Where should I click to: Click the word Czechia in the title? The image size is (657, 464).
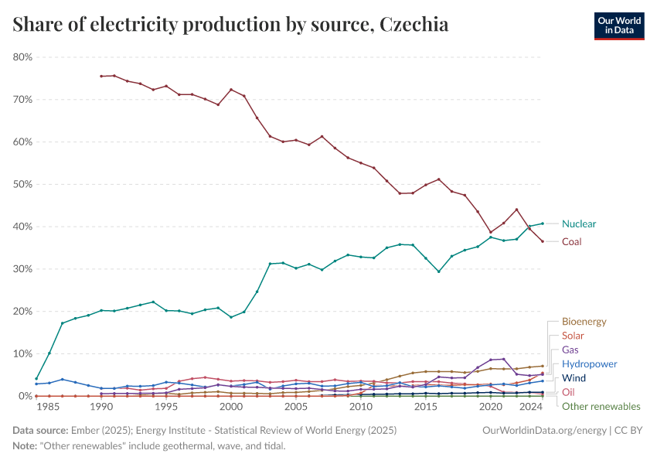pyautogui.click(x=414, y=25)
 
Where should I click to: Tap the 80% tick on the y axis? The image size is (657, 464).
pyautogui.click(x=22, y=57)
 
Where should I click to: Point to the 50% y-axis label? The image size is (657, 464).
pyautogui.click(x=22, y=184)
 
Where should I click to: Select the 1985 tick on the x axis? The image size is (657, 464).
pyautogui.click(x=49, y=407)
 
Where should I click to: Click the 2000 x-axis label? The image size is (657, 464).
pyautogui.click(x=231, y=407)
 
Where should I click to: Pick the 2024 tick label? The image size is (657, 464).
pyautogui.click(x=529, y=407)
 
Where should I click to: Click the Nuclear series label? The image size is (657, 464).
pyautogui.click(x=579, y=224)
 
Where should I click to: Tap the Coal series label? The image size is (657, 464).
pyautogui.click(x=571, y=242)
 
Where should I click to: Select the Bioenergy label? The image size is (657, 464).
pyautogui.click(x=584, y=322)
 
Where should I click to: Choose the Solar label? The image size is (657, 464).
pyautogui.click(x=573, y=336)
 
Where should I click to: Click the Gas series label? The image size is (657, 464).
pyautogui.click(x=570, y=350)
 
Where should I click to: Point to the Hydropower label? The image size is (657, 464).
pyautogui.click(x=589, y=364)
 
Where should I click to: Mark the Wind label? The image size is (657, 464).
pyautogui.click(x=574, y=378)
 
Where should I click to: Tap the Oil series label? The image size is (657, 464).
pyautogui.click(x=568, y=392)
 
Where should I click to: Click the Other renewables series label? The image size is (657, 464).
pyautogui.click(x=601, y=407)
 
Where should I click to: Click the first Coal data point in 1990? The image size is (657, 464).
pyautogui.click(x=101, y=76)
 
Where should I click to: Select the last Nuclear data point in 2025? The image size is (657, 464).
pyautogui.click(x=543, y=223)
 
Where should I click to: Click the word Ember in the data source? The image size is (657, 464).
pyautogui.click(x=81, y=428)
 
